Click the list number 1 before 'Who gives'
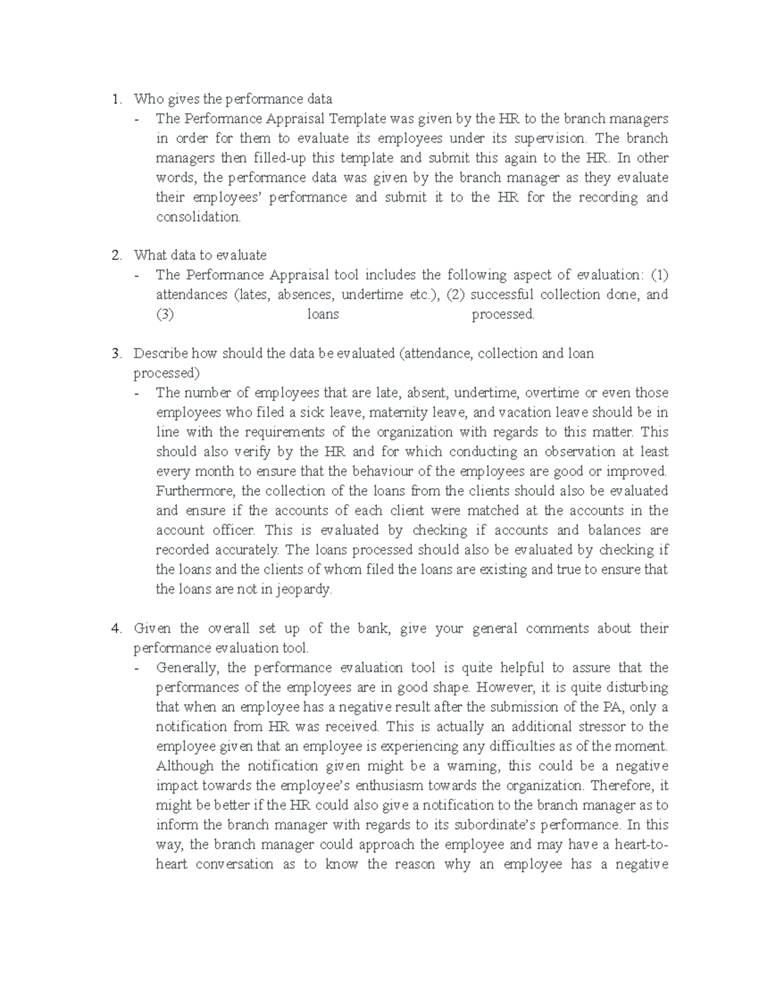114,99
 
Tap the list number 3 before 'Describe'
114,353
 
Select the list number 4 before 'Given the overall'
114,629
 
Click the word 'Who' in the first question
145,99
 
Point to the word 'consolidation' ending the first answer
198,217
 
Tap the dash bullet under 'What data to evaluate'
137,276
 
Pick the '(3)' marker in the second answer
165,314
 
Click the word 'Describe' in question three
161,353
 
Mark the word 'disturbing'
636,687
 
